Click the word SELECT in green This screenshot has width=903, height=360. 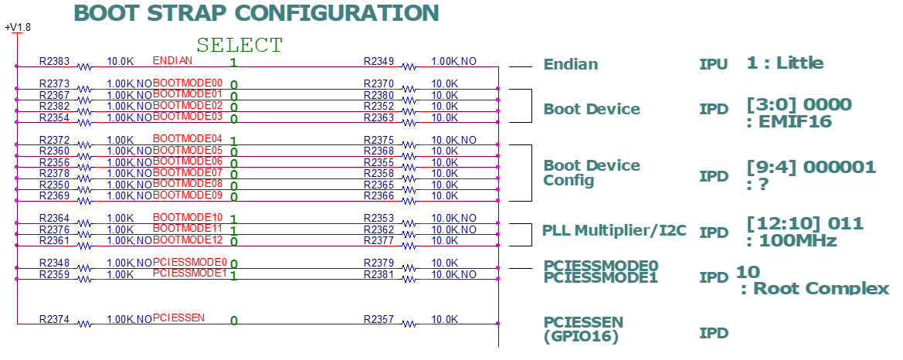click(x=239, y=45)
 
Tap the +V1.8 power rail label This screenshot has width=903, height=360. click(x=18, y=28)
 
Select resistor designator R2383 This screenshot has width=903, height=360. click(x=54, y=61)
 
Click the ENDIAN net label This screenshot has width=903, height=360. click(x=172, y=60)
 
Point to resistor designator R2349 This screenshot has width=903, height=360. click(x=379, y=61)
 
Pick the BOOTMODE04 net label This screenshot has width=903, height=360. click(x=188, y=138)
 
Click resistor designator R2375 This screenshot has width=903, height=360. click(x=379, y=140)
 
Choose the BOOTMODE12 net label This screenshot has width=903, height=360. click(x=188, y=239)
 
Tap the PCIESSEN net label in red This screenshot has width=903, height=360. click(x=179, y=318)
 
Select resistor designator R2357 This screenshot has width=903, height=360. click(x=379, y=319)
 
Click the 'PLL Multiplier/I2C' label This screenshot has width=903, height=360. click(x=614, y=230)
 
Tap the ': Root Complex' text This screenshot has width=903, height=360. click(x=815, y=289)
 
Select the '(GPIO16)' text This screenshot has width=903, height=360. click(x=580, y=336)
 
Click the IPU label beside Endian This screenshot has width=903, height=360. click(x=713, y=65)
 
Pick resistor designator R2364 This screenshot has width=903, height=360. click(x=54, y=219)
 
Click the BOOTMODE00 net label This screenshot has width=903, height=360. click(x=188, y=83)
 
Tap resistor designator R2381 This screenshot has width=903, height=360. click(x=379, y=274)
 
